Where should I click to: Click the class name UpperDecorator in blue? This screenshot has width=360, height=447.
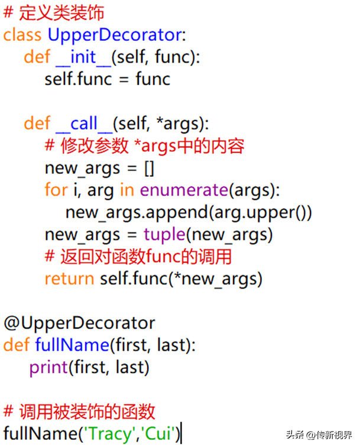click(115, 35)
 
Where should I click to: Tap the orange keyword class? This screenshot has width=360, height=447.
click(22, 35)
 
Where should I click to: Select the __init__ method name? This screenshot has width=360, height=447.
click(83, 57)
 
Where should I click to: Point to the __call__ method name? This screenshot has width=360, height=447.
click(84, 124)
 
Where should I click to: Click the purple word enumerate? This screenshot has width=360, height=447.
click(184, 190)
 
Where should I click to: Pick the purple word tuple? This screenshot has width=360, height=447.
click(164, 235)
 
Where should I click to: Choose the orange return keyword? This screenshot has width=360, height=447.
click(69, 279)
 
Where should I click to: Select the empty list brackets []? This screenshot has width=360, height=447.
click(150, 168)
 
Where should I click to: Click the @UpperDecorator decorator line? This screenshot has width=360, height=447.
click(79, 324)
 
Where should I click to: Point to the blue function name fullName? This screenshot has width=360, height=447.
click(72, 345)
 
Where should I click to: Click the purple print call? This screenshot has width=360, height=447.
click(48, 368)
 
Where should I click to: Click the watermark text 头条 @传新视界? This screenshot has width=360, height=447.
click(319, 435)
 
